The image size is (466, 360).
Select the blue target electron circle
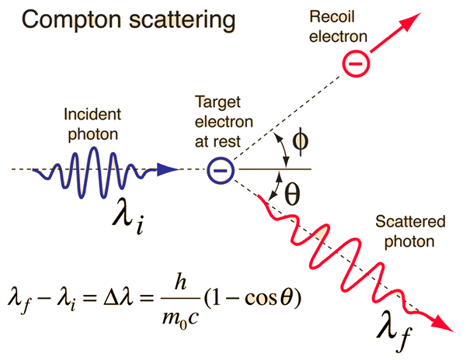click(x=220, y=168)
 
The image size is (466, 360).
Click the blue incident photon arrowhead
click(x=169, y=168)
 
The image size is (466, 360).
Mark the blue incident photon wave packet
click(x=97, y=168)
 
